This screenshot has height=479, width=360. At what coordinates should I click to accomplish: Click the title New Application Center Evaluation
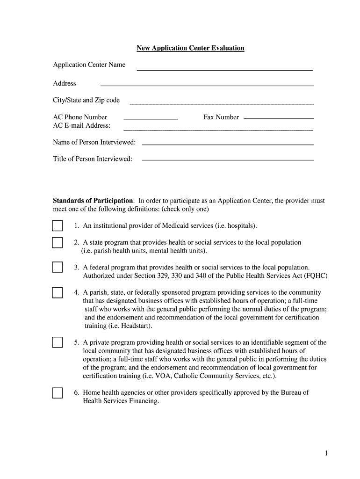tap(190, 48)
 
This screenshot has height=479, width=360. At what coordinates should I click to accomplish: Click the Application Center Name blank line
tap(224, 70)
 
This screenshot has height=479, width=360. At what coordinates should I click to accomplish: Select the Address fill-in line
tap(207, 85)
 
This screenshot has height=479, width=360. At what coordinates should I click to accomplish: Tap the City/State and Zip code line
tap(221, 103)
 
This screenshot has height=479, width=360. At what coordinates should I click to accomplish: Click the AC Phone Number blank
tap(150, 119)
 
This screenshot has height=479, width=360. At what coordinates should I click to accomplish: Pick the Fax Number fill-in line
tap(279, 118)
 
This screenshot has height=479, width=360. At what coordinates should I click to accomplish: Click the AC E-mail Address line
tap(218, 129)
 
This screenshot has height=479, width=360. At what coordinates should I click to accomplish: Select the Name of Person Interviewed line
tap(227, 144)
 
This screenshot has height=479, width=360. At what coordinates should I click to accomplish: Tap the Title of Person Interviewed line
tap(227, 160)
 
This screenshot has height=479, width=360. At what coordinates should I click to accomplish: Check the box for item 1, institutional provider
tap(57, 226)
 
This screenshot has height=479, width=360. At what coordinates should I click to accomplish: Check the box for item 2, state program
tap(57, 242)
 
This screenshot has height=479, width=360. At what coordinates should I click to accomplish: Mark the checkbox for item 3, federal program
tap(57, 267)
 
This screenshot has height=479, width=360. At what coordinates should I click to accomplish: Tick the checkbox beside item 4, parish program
tap(57, 293)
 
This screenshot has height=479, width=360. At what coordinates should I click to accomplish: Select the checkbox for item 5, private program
tap(57, 342)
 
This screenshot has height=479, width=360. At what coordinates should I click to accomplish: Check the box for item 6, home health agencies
tap(57, 392)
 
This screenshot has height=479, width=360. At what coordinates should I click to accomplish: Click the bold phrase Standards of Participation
tap(94, 201)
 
